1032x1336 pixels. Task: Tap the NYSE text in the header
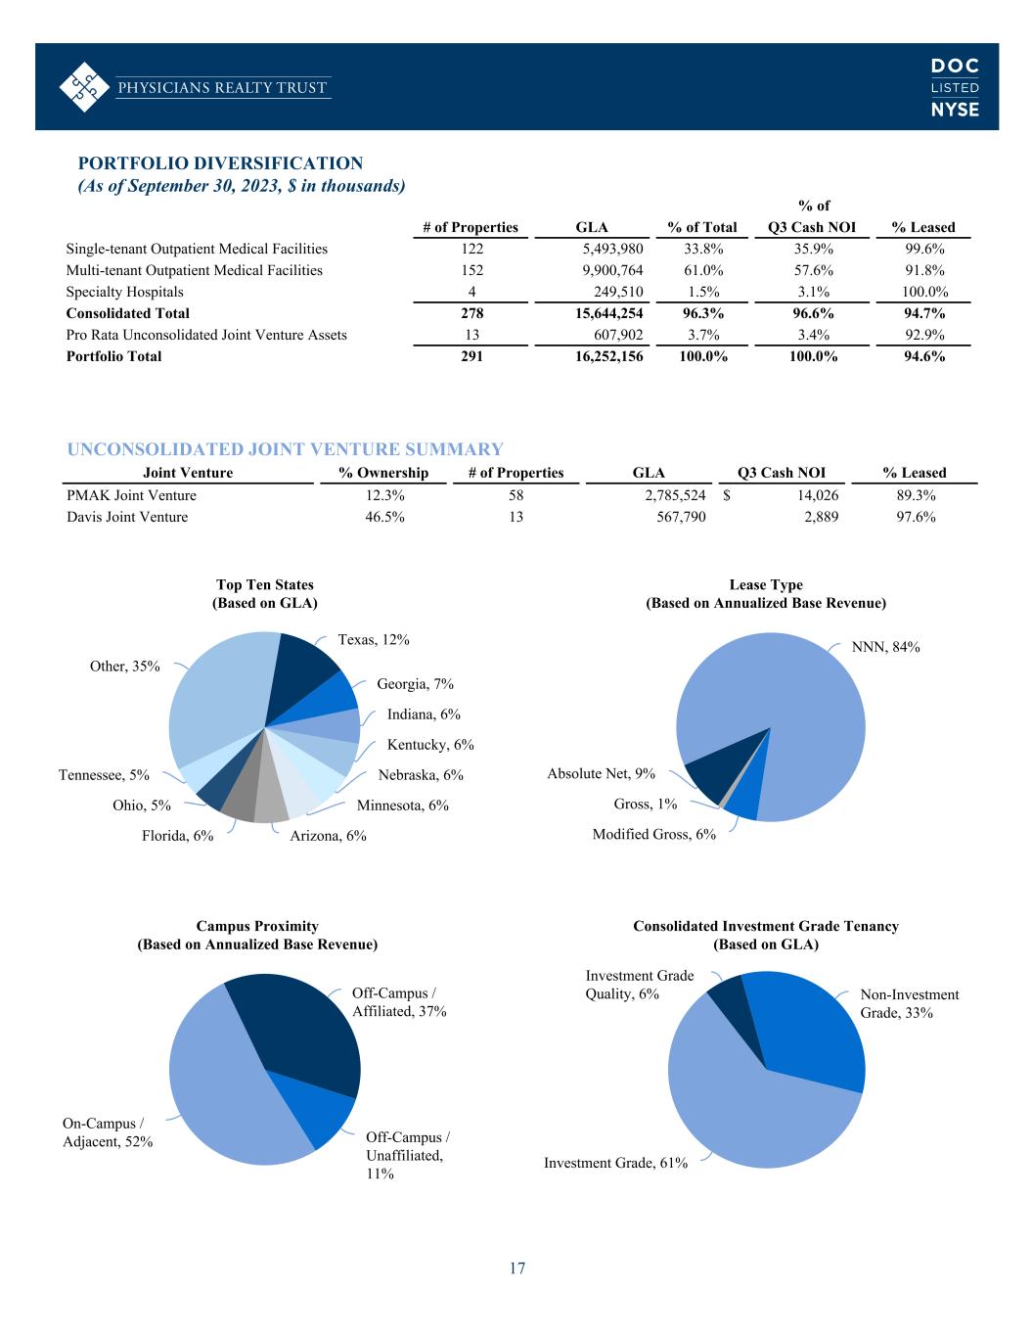pyautogui.click(x=954, y=110)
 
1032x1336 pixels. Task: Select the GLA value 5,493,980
pyautogui.click(x=611, y=249)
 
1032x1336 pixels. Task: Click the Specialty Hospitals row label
pyautogui.click(x=124, y=292)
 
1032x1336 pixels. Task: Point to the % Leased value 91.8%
pyautogui.click(x=923, y=270)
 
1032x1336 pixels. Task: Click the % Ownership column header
pyautogui.click(x=383, y=473)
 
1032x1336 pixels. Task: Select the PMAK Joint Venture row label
pyautogui.click(x=131, y=495)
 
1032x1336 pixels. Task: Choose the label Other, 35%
pyautogui.click(x=124, y=667)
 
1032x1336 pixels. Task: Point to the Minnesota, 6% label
pyautogui.click(x=402, y=806)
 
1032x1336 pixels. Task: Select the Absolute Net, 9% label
pyautogui.click(x=601, y=774)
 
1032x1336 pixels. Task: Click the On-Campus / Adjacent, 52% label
pyautogui.click(x=108, y=1132)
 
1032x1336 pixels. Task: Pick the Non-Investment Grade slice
pyautogui.click(x=812, y=1028)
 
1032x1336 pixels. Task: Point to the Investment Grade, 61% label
pyautogui.click(x=615, y=1163)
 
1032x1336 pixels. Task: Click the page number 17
pyautogui.click(x=516, y=1269)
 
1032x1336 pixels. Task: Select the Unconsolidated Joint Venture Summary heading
pyautogui.click(x=285, y=449)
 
